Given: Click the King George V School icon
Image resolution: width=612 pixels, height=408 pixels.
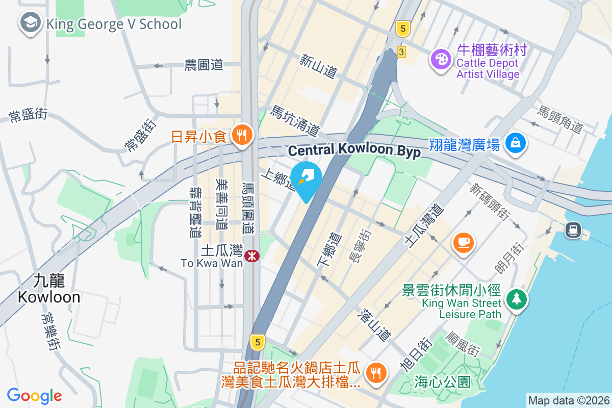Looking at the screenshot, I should pos(31,23).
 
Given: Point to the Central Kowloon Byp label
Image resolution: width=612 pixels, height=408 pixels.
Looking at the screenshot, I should pos(354,150).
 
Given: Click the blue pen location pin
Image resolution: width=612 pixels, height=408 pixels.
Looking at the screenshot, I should pos(306,179).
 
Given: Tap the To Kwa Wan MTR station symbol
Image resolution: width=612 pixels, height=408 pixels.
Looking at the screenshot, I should pos(251,256).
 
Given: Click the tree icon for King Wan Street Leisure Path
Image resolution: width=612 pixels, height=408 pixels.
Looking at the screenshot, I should pos(517,298).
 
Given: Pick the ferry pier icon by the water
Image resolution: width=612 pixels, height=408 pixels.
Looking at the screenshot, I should pos(573,230).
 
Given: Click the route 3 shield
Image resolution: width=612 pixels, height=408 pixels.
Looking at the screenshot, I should pos(401,52).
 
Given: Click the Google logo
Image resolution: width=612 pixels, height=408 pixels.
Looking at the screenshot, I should pos(34,396).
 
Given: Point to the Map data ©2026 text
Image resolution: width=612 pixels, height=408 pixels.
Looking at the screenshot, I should pos(568,400).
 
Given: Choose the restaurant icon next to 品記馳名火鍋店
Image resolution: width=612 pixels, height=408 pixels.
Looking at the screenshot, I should pos(376,372).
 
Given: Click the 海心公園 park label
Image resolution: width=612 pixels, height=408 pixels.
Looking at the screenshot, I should pos(442,382).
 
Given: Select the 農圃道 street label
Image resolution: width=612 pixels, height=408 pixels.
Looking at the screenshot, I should pos(204,65).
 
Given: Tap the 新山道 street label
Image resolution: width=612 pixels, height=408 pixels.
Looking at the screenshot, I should pos(318,67).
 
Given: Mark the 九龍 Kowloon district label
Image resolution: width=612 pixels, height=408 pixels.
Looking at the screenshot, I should pos(49,289).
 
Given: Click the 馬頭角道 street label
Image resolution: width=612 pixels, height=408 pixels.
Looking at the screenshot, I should pos(561,119).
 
